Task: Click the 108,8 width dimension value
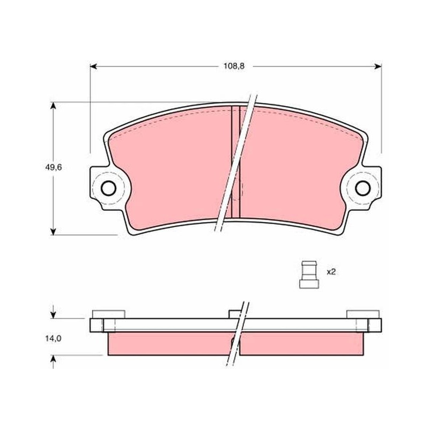234,66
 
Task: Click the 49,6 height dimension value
53,167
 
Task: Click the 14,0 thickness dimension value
53,338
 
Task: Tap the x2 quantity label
331,272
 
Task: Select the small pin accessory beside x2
309,275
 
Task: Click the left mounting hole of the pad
108,188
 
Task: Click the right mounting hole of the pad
363,188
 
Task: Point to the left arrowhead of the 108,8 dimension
93,66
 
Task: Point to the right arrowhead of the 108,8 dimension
378,66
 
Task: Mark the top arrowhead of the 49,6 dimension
53,106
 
